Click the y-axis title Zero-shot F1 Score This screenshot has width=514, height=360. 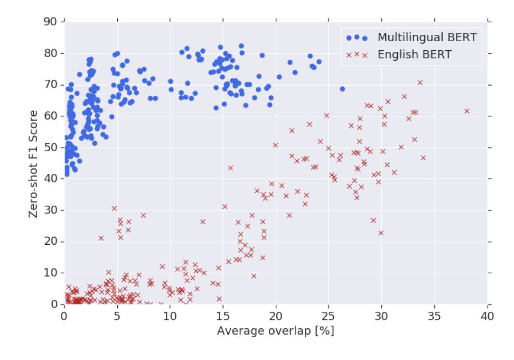33,163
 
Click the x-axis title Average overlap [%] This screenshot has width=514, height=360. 275,331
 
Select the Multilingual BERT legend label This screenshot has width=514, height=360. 427,38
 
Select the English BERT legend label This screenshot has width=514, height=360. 414,54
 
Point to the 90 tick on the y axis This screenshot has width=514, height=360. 50,22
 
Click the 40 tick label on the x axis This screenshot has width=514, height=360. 488,316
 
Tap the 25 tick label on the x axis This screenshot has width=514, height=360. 329,316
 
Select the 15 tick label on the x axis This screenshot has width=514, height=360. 223,316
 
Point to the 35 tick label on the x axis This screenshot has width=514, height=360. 435,316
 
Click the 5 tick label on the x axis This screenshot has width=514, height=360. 117,316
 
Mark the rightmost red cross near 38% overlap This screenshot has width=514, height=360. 467,111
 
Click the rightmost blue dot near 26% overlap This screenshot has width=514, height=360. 342,89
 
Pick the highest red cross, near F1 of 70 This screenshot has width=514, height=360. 420,82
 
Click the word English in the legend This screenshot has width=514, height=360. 397,54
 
